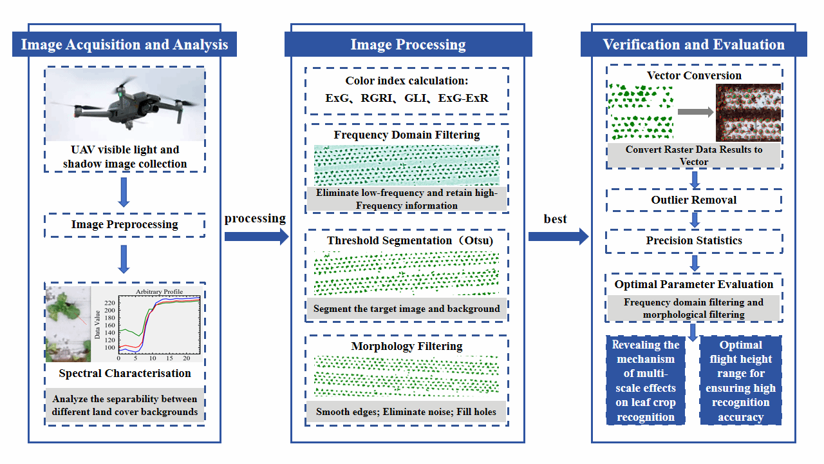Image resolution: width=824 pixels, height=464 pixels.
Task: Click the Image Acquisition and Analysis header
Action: [124, 44]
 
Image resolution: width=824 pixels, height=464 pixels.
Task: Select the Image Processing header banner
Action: [408, 44]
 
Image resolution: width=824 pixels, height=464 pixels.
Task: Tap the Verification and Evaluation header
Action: [693, 44]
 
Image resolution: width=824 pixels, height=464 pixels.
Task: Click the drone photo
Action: [125, 104]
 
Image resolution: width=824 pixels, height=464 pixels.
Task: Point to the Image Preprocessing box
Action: [124, 225]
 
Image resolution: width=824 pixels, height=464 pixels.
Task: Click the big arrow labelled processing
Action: [256, 237]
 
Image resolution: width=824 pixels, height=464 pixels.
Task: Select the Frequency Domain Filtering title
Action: [407, 135]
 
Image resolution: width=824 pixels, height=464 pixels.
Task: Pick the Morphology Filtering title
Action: [407, 346]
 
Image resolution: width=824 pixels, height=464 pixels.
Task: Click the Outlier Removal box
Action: [694, 200]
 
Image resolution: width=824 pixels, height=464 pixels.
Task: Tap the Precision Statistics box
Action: [694, 240]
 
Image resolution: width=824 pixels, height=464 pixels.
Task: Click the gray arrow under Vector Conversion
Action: [695, 112]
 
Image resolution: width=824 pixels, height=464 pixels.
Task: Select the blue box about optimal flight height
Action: [740, 380]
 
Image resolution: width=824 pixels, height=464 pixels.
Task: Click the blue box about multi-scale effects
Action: [646, 380]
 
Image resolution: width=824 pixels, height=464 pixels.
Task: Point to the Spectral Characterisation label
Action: [125, 373]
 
